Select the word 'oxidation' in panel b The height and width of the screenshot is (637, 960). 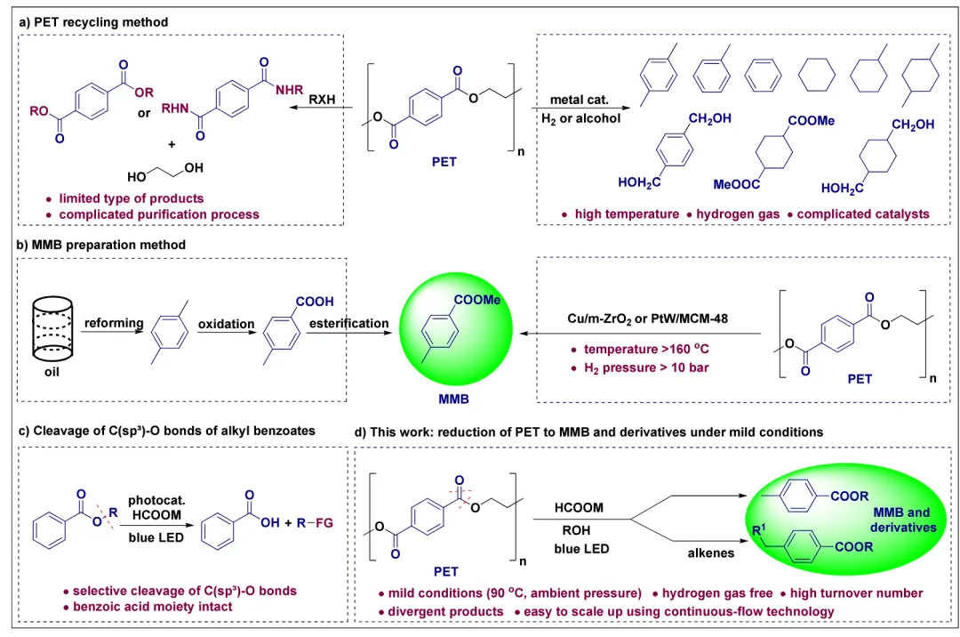coord(225,323)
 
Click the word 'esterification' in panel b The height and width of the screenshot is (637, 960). coord(348,323)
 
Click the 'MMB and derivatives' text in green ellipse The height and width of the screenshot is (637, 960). coord(900,520)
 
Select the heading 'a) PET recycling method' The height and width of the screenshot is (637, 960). coord(93,21)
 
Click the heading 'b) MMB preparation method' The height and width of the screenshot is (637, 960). coord(102,246)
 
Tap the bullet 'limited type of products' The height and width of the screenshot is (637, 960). coord(131,198)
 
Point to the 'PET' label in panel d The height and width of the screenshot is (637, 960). coord(445,570)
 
